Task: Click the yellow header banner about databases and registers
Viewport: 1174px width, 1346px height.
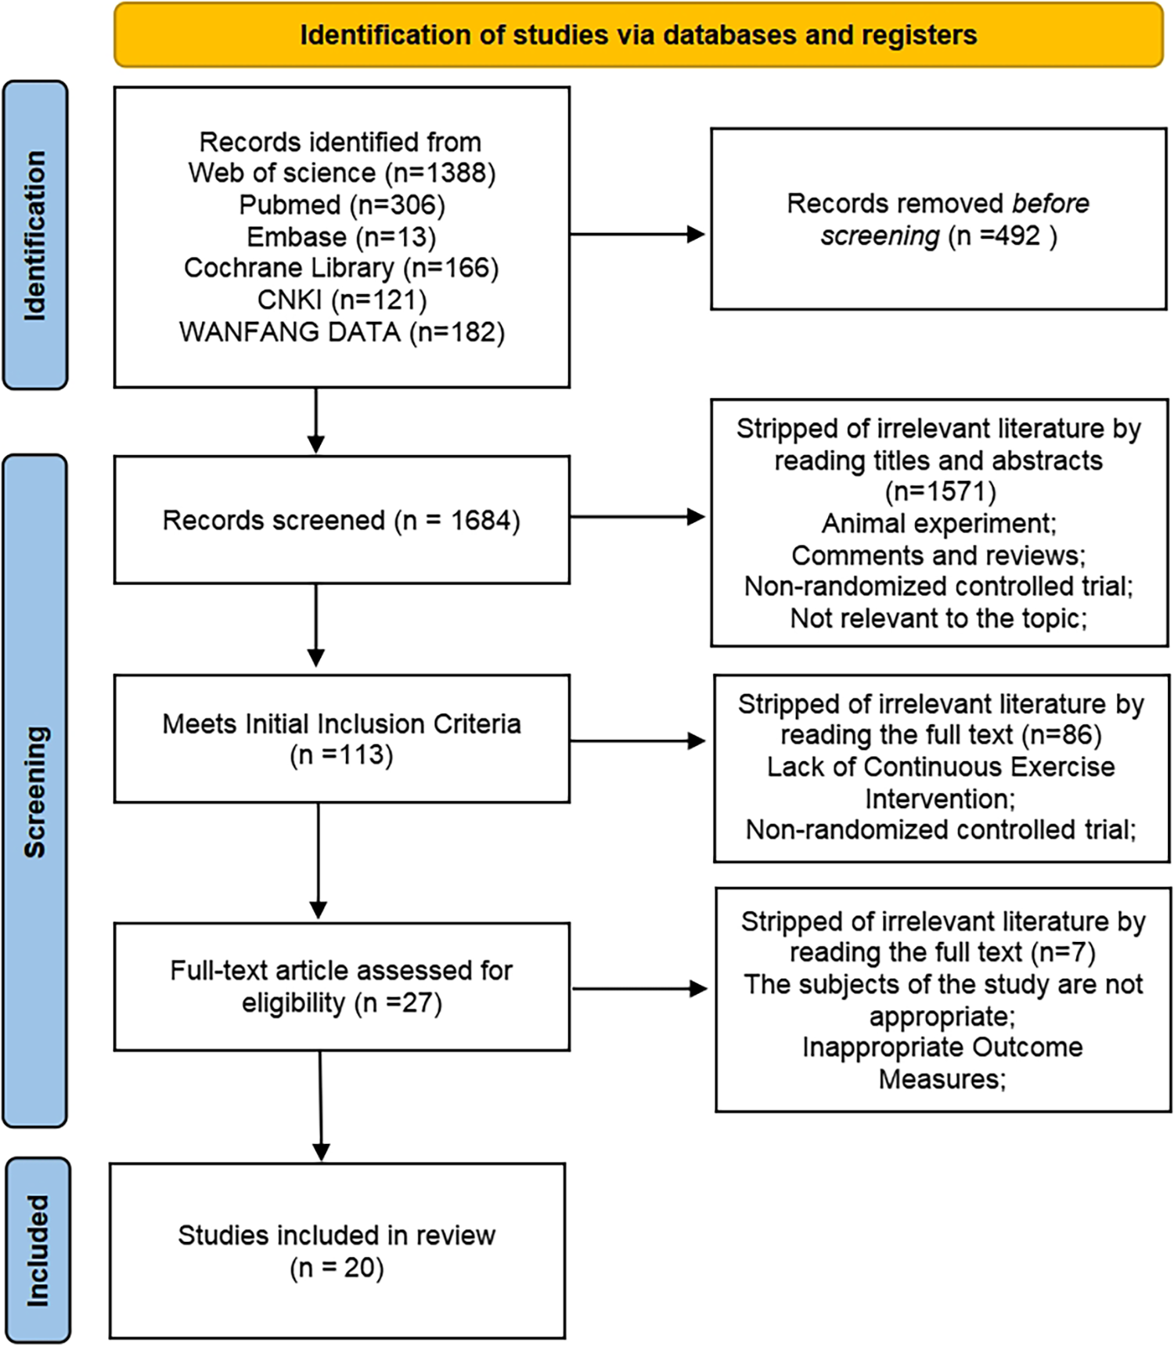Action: point(638,35)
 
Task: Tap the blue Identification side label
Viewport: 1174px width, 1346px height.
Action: point(35,235)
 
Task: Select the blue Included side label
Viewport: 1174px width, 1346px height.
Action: point(38,1250)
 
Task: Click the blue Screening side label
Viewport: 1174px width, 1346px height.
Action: point(35,791)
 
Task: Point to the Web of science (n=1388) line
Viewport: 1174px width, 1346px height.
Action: point(342,173)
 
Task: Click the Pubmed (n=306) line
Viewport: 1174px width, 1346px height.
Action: point(342,205)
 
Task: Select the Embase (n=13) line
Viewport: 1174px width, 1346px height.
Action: point(342,236)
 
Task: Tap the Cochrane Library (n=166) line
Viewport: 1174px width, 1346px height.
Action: point(342,268)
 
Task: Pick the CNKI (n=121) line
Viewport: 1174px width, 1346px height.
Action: point(342,300)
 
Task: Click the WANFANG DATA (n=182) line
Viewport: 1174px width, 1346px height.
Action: point(342,332)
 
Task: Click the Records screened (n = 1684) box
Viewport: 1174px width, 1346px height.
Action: point(341,520)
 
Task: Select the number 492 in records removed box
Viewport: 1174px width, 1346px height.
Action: point(1016,236)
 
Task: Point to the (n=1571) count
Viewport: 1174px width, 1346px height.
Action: point(940,492)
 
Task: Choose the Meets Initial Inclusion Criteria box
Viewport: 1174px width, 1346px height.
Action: point(341,738)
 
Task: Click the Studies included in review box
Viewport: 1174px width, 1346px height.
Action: point(337,1250)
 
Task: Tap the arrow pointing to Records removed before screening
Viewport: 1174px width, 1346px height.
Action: point(638,234)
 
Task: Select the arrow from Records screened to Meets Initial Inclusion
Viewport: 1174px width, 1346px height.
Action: point(316,626)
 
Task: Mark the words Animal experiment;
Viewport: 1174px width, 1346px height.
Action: point(938,523)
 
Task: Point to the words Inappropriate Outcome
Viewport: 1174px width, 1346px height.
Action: point(942,1047)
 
